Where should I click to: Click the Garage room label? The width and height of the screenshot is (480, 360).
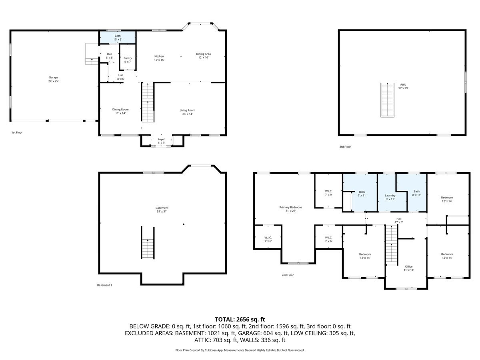tap(54, 79)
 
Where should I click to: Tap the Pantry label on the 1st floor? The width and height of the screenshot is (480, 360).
tap(128, 60)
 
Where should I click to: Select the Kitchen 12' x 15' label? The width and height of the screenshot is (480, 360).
tap(159, 58)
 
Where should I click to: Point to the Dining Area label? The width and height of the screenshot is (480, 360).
tap(203, 56)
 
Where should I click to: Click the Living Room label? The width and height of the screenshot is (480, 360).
tap(187, 112)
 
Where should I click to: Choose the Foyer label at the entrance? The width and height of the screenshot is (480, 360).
tap(161, 141)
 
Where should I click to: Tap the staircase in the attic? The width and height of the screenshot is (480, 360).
tap(387, 100)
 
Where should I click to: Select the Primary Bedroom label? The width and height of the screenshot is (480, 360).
tap(290, 209)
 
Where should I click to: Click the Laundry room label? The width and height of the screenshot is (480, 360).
tap(390, 197)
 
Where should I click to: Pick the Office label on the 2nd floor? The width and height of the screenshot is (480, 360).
tap(408, 268)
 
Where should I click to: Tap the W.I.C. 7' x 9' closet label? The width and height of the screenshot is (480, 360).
tap(328, 193)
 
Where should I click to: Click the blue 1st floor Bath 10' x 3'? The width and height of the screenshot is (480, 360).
tap(118, 38)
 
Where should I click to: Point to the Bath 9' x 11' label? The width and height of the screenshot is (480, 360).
tap(362, 194)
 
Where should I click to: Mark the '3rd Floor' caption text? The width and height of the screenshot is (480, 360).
tap(345, 147)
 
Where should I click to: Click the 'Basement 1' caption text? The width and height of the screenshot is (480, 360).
tap(104, 285)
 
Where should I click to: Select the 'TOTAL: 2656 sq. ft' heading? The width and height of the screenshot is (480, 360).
tap(240, 319)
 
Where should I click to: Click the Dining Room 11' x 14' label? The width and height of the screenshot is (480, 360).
tap(120, 111)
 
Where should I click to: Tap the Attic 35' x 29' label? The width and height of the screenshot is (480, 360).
tap(403, 86)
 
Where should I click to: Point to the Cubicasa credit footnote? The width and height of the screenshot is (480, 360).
tap(240, 350)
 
